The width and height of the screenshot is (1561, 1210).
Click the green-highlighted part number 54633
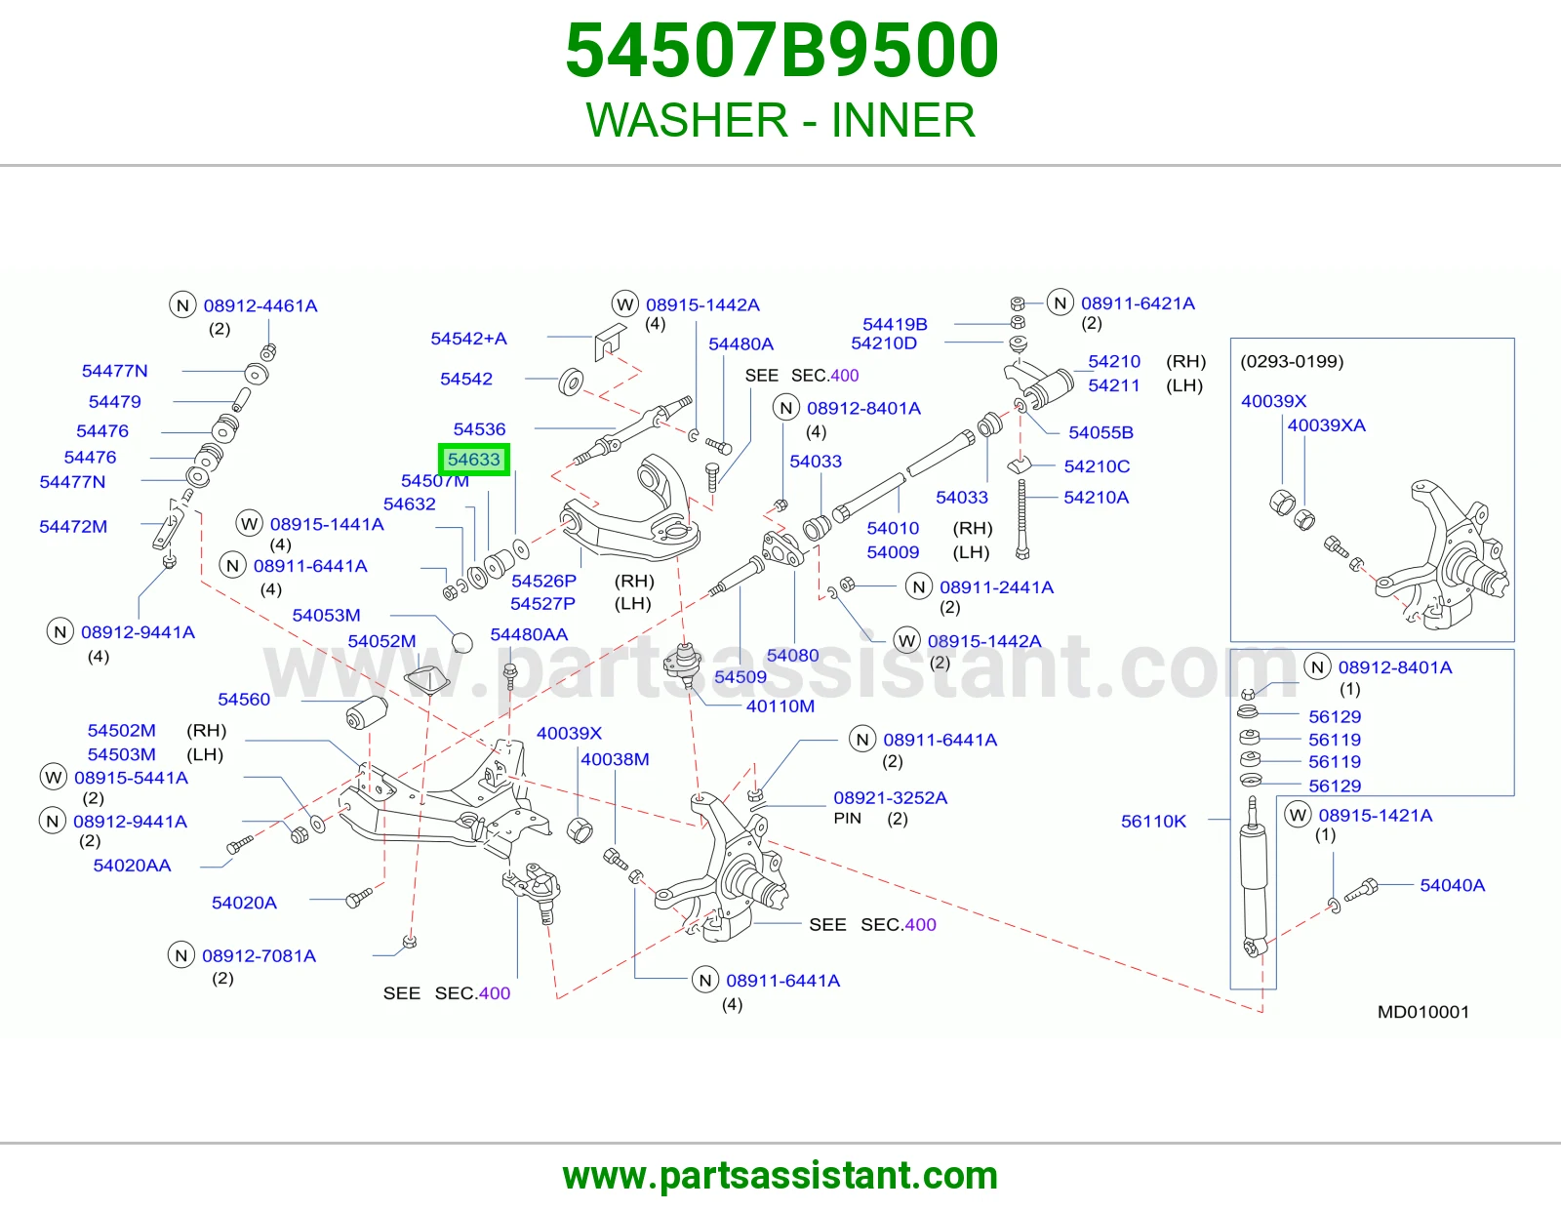pos(473,460)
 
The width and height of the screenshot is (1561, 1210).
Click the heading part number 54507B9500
pos(781,50)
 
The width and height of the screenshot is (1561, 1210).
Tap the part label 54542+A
pos(468,339)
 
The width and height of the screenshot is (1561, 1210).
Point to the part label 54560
pos(244,699)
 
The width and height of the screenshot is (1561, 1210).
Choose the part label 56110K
pos(1153,822)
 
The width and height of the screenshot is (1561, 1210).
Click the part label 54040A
pos(1452,885)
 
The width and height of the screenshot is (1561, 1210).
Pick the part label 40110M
pos(780,706)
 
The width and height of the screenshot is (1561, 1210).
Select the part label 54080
pos(792,656)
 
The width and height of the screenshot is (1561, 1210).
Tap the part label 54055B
pos(1101,432)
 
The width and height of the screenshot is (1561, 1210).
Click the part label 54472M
pos(72,527)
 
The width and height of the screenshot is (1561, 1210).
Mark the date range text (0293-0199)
pos(1292,361)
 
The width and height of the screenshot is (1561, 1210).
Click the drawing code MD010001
pos(1423,1012)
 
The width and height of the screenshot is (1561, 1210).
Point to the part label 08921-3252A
pos(890,797)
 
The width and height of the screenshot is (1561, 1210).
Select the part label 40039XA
pos(1326,425)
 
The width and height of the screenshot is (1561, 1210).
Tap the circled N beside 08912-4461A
pos(182,305)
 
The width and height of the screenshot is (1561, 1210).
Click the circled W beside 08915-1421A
pos(1298,816)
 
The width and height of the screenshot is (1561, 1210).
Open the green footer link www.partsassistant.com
pos(780,1176)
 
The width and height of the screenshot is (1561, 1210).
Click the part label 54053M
pos(326,615)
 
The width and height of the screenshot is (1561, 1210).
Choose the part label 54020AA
pos(132,866)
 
